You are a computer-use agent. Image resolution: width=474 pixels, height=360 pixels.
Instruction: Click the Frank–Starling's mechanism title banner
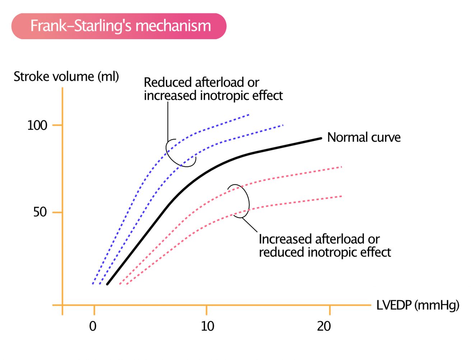[119, 26]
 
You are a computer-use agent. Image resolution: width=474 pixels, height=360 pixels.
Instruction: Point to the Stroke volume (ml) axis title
[66, 77]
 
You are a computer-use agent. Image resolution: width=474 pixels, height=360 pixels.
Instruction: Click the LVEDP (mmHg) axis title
[418, 305]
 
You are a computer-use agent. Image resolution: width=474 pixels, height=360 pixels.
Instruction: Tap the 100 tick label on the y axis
[37, 125]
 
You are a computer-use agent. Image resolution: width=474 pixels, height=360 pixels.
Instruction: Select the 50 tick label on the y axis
[40, 212]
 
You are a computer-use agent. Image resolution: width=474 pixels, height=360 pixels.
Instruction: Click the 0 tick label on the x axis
[93, 326]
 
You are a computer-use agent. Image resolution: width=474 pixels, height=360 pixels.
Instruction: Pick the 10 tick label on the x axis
[207, 326]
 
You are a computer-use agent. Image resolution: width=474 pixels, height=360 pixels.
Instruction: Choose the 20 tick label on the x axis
[324, 326]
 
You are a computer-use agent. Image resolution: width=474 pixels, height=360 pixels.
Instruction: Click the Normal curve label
[364, 137]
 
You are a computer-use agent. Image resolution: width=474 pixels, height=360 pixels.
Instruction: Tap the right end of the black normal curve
[321, 138]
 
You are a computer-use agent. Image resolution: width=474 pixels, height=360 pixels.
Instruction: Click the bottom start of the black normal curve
[107, 284]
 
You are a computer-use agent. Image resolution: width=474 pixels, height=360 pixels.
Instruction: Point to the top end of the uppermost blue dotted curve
[249, 115]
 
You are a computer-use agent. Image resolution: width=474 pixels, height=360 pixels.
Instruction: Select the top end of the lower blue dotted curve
[283, 125]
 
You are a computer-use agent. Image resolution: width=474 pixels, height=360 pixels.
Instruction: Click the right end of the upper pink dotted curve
[341, 167]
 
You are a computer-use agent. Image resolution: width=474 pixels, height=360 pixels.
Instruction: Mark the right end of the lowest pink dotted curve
[341, 196]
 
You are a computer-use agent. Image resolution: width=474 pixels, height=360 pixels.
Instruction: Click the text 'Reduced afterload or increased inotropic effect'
[213, 89]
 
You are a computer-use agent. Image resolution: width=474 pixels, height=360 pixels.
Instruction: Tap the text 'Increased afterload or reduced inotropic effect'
[324, 245]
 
